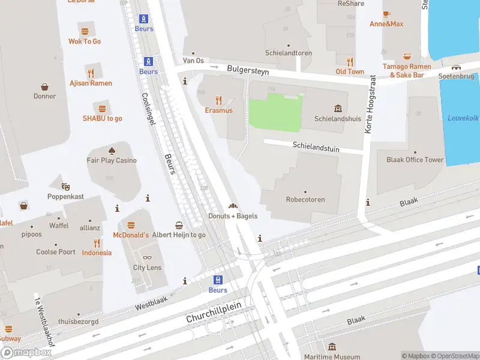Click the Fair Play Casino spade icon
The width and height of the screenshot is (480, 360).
click(112, 150)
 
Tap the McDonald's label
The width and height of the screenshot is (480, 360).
click(130, 235)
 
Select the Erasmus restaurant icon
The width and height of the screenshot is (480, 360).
click(218, 100)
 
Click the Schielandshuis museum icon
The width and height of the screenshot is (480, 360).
click(338, 109)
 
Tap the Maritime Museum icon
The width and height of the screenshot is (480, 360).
click(332, 347)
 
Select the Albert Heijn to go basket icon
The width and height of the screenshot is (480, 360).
click(179, 225)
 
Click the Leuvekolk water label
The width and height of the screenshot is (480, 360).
click(462, 118)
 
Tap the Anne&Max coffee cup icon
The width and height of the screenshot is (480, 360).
click(386, 14)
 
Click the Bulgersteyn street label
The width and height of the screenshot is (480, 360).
click(248, 70)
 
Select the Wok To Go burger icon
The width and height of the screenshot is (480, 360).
click(84, 31)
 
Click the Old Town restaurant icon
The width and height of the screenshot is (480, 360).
click(350, 62)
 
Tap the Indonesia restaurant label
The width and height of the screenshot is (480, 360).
click(97, 253)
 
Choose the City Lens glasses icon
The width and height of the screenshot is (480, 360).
click(147, 257)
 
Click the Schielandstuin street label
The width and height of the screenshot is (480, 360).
click(313, 145)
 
